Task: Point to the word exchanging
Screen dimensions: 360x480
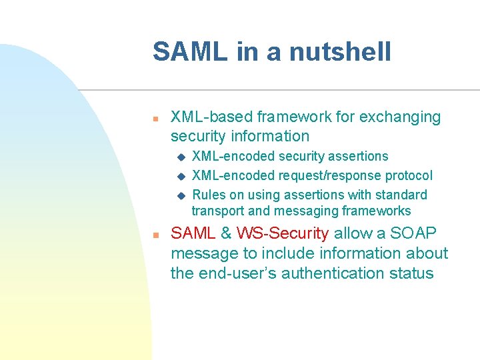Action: pyautogui.click(x=400, y=117)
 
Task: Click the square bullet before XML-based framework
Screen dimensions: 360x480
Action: pyautogui.click(x=154, y=118)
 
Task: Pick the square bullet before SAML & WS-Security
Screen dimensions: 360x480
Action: pyautogui.click(x=154, y=235)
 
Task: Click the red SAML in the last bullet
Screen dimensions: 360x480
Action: pyautogui.click(x=193, y=234)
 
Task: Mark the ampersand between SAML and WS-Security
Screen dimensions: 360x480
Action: pyautogui.click(x=226, y=234)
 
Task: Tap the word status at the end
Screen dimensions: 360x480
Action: pyautogui.click(x=413, y=274)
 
